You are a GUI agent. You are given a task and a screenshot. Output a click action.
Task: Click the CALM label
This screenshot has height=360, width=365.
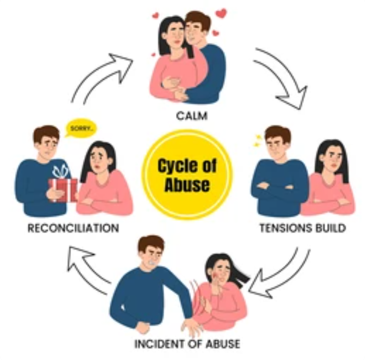pos(192,116)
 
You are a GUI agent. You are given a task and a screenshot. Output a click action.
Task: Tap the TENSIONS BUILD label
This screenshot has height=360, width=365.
pos(303,228)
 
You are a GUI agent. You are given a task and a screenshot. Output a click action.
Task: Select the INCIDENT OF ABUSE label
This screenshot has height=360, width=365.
pos(187,344)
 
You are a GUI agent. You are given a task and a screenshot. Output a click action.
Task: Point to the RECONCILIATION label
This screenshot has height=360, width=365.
pos(73,228)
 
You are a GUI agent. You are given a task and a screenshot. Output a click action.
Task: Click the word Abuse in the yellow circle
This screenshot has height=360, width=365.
pos(187,185)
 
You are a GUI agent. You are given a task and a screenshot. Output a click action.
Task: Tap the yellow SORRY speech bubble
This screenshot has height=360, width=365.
pos(81,129)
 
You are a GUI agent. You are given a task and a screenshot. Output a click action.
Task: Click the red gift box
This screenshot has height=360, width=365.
pos(63,190)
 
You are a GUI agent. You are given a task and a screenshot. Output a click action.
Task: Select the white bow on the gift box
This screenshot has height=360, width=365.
pos(61,171)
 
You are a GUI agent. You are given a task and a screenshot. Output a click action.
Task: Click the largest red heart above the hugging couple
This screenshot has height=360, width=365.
pos(221,13)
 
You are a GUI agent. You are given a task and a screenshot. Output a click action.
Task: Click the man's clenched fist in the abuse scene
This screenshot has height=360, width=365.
pos(142,327)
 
